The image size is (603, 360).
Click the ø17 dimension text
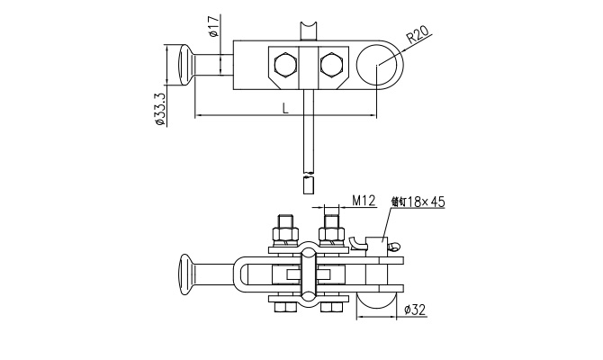[212, 28]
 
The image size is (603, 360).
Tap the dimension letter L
[285, 108]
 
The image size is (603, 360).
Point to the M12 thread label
[364, 200]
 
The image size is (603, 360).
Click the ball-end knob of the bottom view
[187, 274]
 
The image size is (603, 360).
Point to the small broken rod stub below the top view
[308, 186]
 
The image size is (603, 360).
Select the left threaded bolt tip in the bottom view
[285, 222]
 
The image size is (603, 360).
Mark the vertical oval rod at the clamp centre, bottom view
[308, 274]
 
